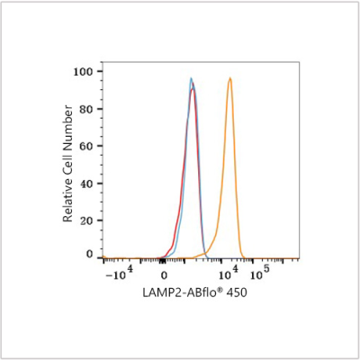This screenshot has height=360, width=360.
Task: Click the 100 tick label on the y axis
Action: click(x=84, y=71)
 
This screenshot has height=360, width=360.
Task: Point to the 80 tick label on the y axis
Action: click(x=86, y=109)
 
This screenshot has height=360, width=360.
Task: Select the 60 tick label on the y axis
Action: click(x=86, y=146)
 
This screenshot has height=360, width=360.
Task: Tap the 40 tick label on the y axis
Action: click(x=86, y=184)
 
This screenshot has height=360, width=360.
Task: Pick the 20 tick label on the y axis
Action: click(x=86, y=220)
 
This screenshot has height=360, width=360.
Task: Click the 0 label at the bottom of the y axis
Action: click(x=90, y=255)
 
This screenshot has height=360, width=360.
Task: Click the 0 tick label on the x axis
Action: click(x=164, y=275)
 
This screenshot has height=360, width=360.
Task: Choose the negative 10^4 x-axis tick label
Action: click(x=120, y=273)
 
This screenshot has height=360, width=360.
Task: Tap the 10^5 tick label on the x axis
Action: click(x=259, y=273)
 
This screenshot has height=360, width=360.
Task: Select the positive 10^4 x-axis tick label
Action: click(x=229, y=273)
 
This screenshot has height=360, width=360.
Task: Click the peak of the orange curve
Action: click(x=229, y=78)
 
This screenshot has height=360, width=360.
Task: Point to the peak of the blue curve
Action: click(x=191, y=78)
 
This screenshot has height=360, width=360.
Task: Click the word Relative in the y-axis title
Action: click(x=67, y=203)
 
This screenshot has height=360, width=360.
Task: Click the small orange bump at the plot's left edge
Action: click(x=103, y=256)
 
